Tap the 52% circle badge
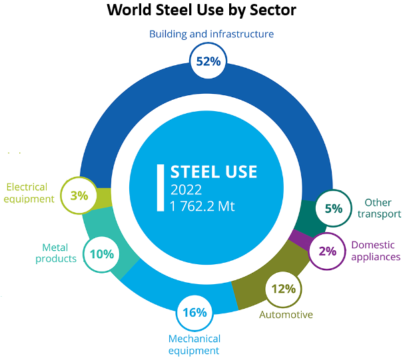click(x=208, y=61)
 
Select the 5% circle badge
click(x=333, y=208)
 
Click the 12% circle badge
click(x=284, y=289)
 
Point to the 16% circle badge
click(x=195, y=312)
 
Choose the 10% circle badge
click(x=101, y=254)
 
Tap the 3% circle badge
click(x=79, y=196)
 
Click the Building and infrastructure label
click(x=211, y=33)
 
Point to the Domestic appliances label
click(x=376, y=250)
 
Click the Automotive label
click(x=286, y=315)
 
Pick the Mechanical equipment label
click(x=194, y=345)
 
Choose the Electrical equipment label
click(x=30, y=193)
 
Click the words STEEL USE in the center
click(x=214, y=171)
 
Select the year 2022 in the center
click(x=186, y=189)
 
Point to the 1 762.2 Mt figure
click(x=203, y=206)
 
